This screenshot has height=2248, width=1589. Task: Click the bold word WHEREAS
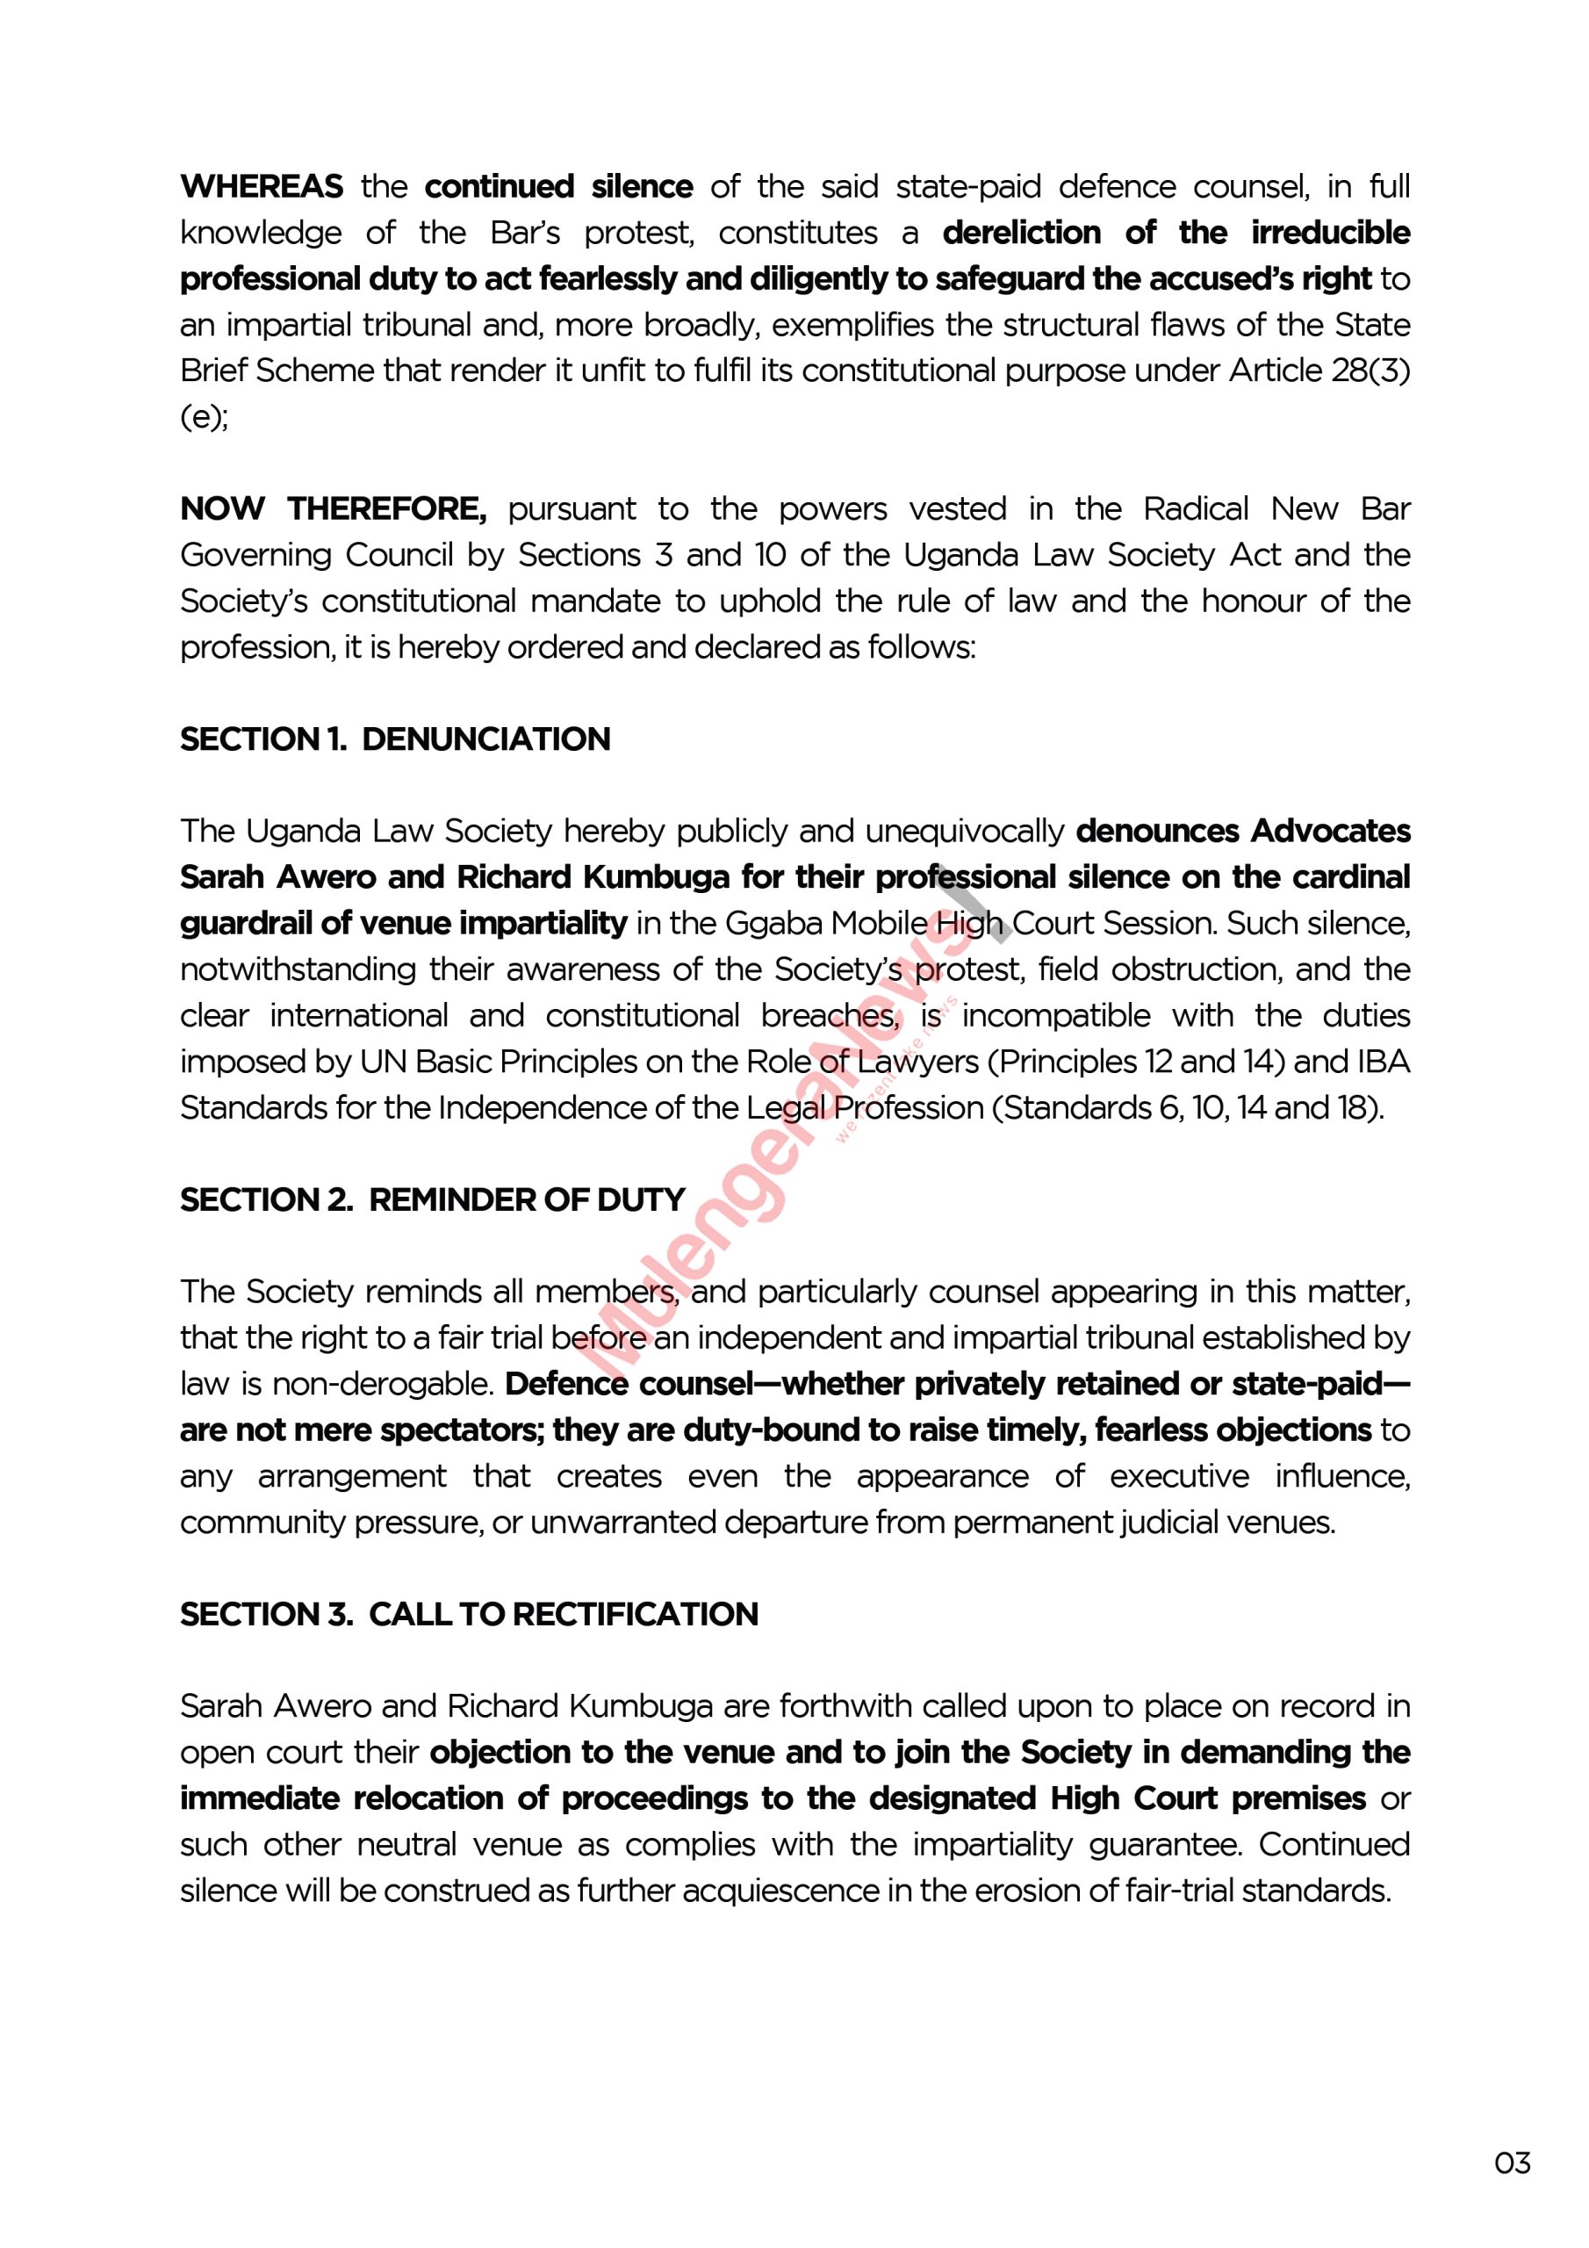pyautogui.click(x=262, y=186)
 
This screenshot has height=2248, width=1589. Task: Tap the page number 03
pyautogui.click(x=1512, y=2162)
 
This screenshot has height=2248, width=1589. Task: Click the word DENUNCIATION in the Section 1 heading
pyautogui.click(x=485, y=739)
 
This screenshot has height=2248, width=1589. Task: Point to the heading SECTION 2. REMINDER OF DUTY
pyautogui.click(x=432, y=1200)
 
